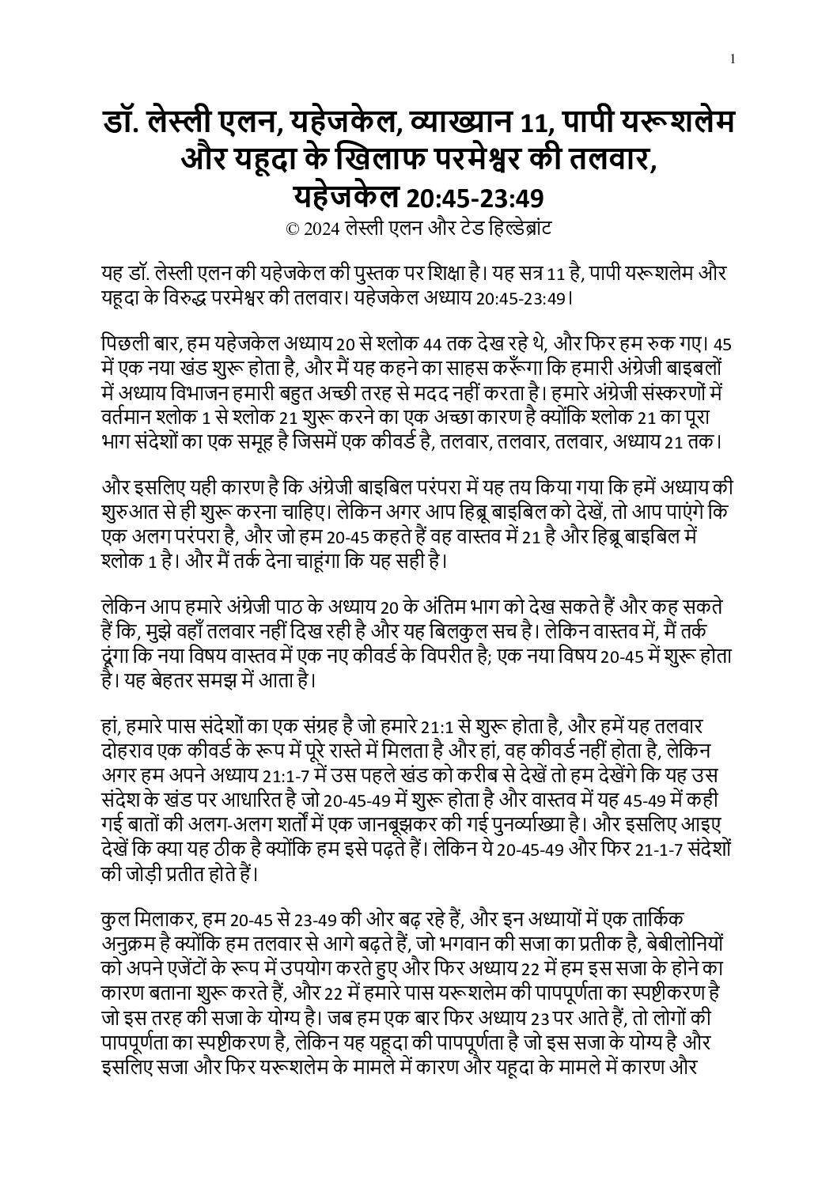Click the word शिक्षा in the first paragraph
427,273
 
